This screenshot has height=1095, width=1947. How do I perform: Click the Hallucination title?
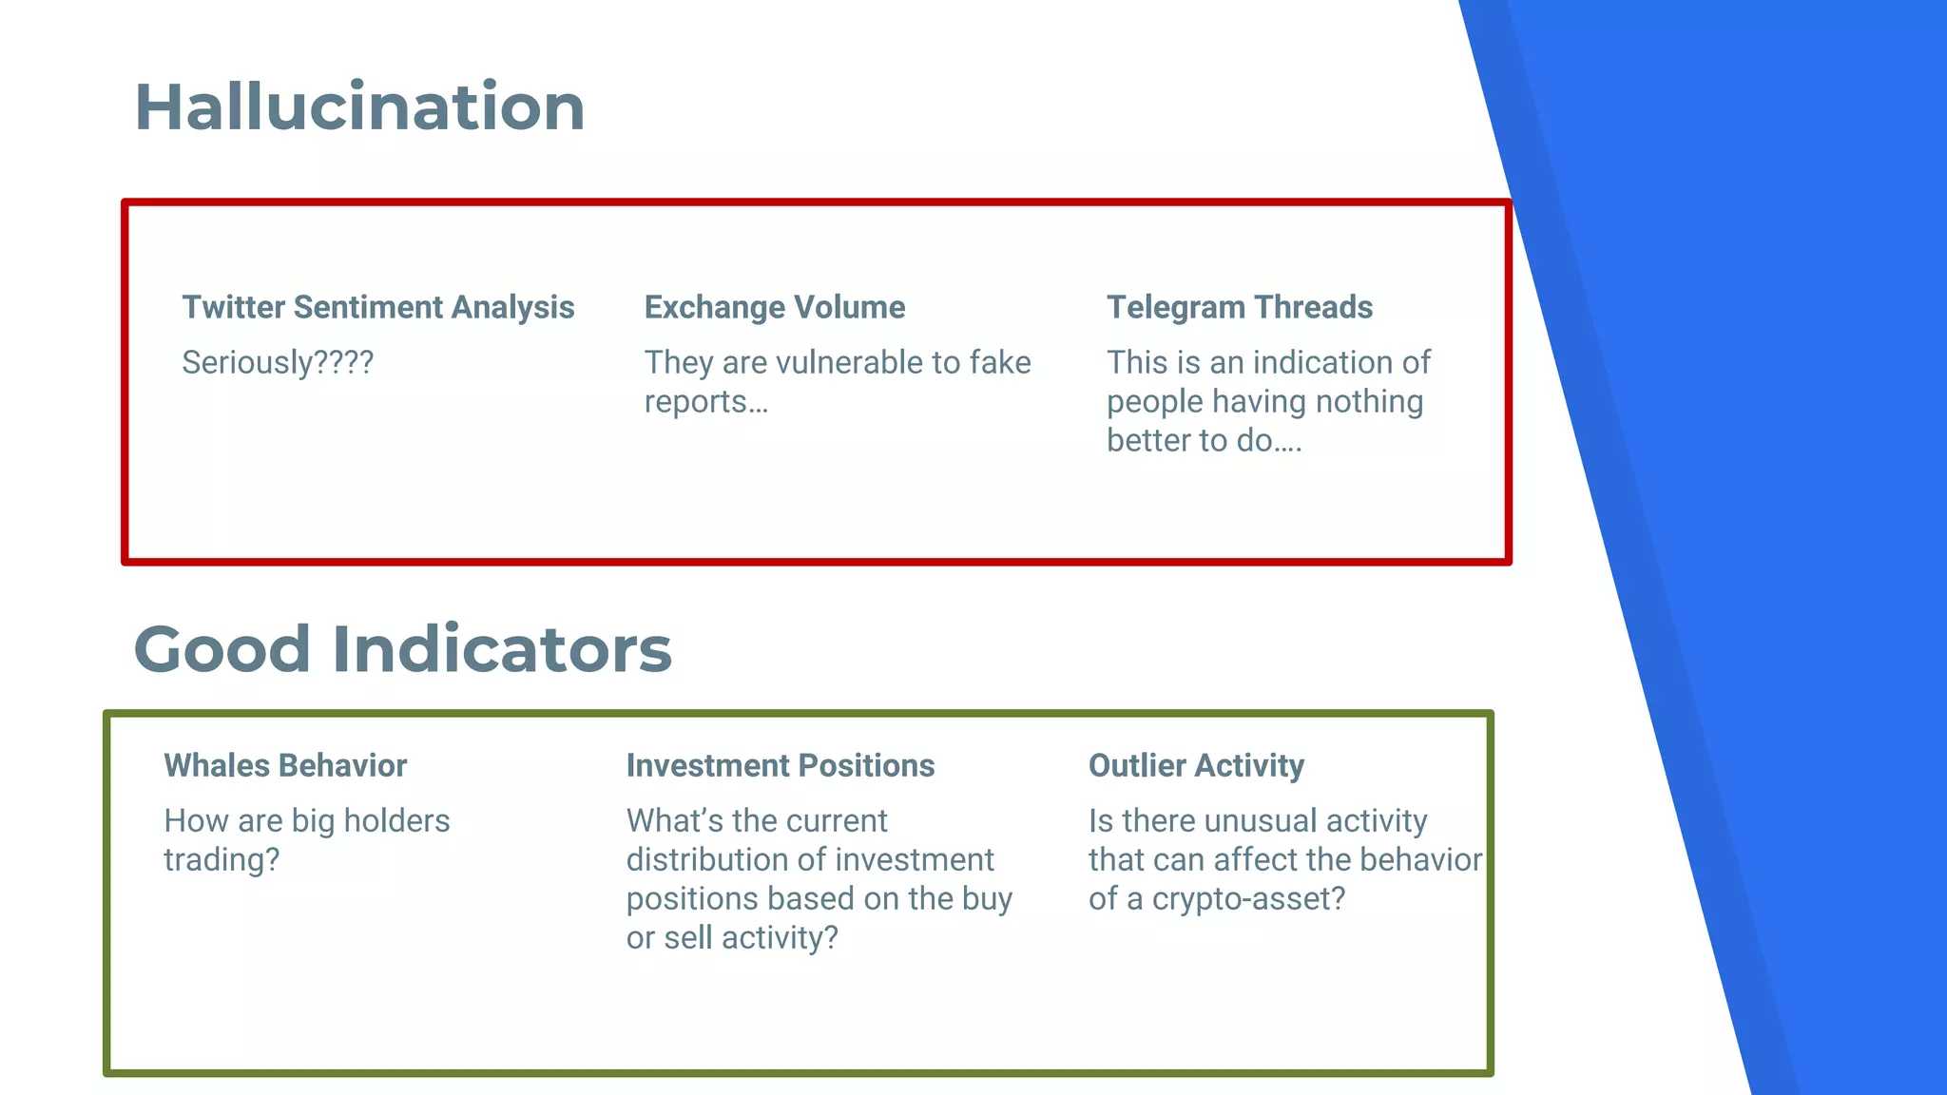(x=359, y=106)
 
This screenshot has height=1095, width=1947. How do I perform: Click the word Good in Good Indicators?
(x=222, y=649)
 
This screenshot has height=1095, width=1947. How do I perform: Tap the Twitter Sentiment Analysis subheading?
(x=377, y=307)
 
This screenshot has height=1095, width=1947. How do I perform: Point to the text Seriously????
(x=278, y=362)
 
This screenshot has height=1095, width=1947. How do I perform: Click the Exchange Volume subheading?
(x=774, y=307)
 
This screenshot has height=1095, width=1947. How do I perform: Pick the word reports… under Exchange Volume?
(x=705, y=402)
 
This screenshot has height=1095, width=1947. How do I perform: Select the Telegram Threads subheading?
(x=1239, y=307)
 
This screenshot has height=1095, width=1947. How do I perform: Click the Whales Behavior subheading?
(x=284, y=765)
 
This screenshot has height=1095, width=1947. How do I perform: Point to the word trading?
(x=222, y=859)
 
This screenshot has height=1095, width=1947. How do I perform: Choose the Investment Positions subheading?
(x=780, y=765)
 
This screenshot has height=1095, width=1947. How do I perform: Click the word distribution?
(x=707, y=859)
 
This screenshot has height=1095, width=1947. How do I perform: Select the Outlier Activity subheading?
(x=1195, y=765)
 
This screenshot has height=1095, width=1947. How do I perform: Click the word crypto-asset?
(x=1248, y=899)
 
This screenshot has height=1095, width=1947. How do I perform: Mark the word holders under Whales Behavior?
(x=395, y=820)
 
